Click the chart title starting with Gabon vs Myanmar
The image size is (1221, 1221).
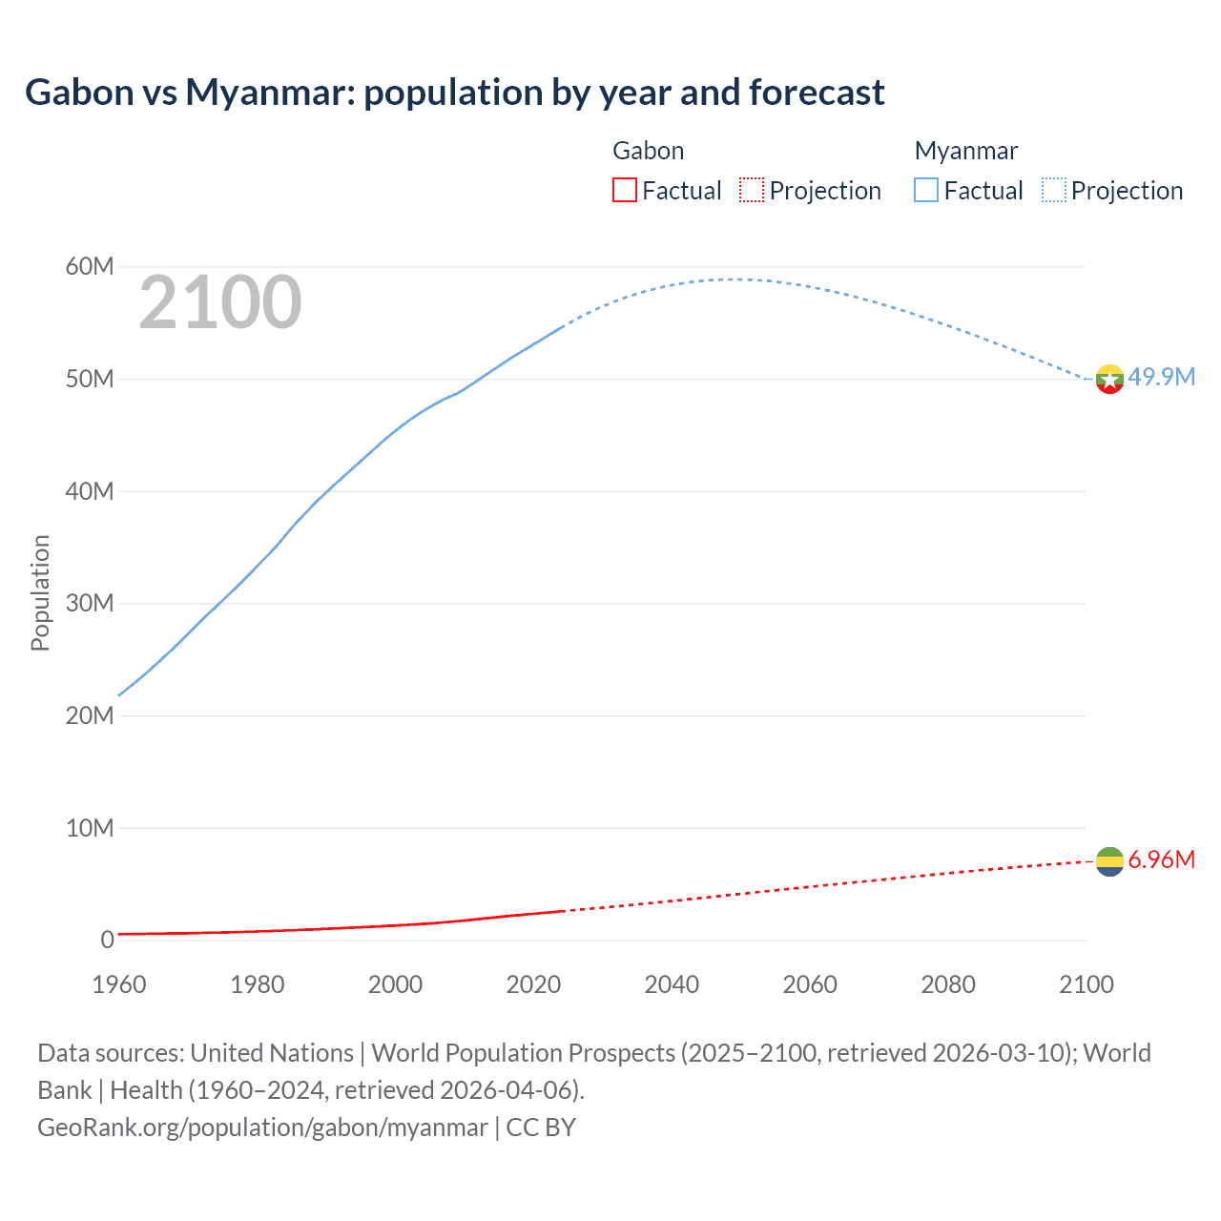(x=454, y=93)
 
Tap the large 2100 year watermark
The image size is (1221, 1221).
(x=220, y=302)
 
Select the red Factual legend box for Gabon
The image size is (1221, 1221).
(x=624, y=191)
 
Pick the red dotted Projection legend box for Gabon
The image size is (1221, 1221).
(x=752, y=191)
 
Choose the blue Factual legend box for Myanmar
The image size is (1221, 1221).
(x=926, y=191)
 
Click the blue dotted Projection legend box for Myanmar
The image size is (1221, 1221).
(x=1054, y=191)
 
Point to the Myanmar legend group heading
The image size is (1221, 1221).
(x=965, y=151)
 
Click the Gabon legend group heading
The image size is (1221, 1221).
(x=648, y=151)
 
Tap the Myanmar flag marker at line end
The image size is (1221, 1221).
(x=1109, y=380)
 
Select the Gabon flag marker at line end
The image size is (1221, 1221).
(x=1109, y=861)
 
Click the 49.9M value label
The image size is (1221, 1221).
(x=1161, y=377)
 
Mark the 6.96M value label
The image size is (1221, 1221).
(x=1161, y=859)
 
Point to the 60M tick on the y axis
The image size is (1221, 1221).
(x=90, y=266)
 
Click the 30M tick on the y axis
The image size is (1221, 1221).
(x=90, y=603)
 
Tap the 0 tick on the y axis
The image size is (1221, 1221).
(x=107, y=940)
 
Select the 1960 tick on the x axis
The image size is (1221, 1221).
(x=119, y=984)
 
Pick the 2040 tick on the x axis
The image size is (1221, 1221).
(x=672, y=984)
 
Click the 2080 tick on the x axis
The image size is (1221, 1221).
(x=948, y=984)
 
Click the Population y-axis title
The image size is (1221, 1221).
(x=40, y=592)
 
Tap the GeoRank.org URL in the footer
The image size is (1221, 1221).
(x=262, y=1128)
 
